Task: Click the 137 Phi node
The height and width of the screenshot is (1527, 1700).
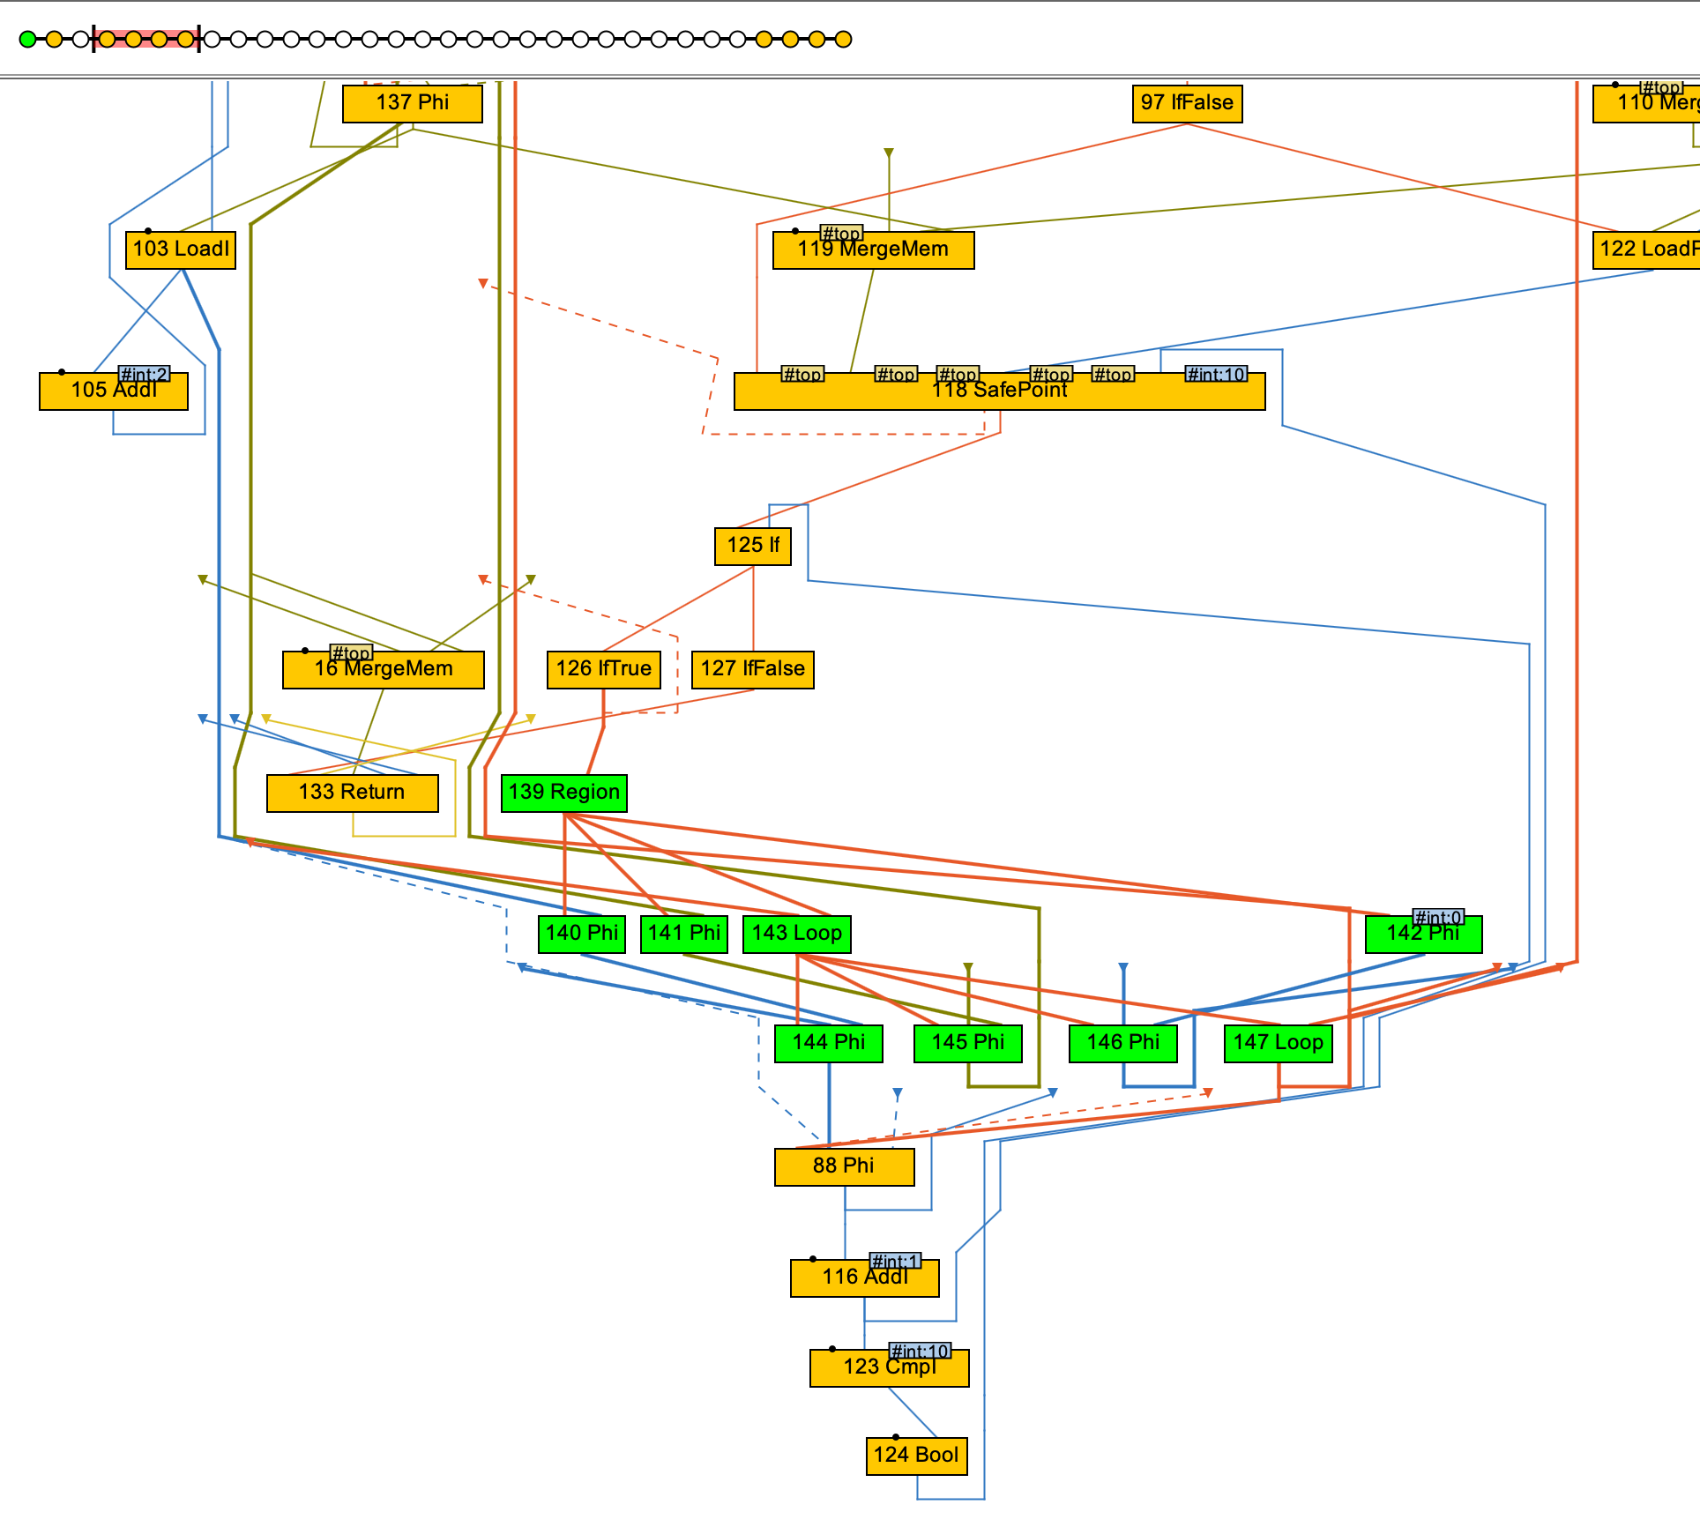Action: (x=412, y=103)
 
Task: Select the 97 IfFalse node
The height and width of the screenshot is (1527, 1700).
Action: (x=1186, y=103)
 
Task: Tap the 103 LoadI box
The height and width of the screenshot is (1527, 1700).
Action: (x=181, y=250)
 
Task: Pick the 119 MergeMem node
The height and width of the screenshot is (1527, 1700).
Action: (x=873, y=250)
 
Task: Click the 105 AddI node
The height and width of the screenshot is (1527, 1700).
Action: (x=113, y=391)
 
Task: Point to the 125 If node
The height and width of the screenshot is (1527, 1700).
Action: (x=753, y=546)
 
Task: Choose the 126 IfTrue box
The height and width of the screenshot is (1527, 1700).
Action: (x=603, y=669)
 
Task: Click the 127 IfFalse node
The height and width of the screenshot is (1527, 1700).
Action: (x=752, y=669)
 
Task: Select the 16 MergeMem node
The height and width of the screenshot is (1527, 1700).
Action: (x=383, y=670)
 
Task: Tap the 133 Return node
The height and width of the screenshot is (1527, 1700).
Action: (x=352, y=793)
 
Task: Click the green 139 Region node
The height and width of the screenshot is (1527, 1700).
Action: (x=563, y=793)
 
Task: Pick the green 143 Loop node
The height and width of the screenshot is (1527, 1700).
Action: (x=796, y=934)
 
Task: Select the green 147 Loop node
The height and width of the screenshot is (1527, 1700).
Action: (x=1278, y=1043)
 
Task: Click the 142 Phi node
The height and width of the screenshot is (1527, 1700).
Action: (x=1423, y=935)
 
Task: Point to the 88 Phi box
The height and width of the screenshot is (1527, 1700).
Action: (x=844, y=1166)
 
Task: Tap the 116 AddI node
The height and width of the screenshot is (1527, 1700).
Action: (x=864, y=1278)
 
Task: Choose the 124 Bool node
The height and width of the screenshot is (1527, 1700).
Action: (x=916, y=1456)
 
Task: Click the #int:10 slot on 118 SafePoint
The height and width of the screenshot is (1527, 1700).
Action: (x=1216, y=375)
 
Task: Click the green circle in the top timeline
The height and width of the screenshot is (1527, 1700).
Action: (x=28, y=39)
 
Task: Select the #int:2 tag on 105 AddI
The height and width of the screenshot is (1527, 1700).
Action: (x=144, y=375)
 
